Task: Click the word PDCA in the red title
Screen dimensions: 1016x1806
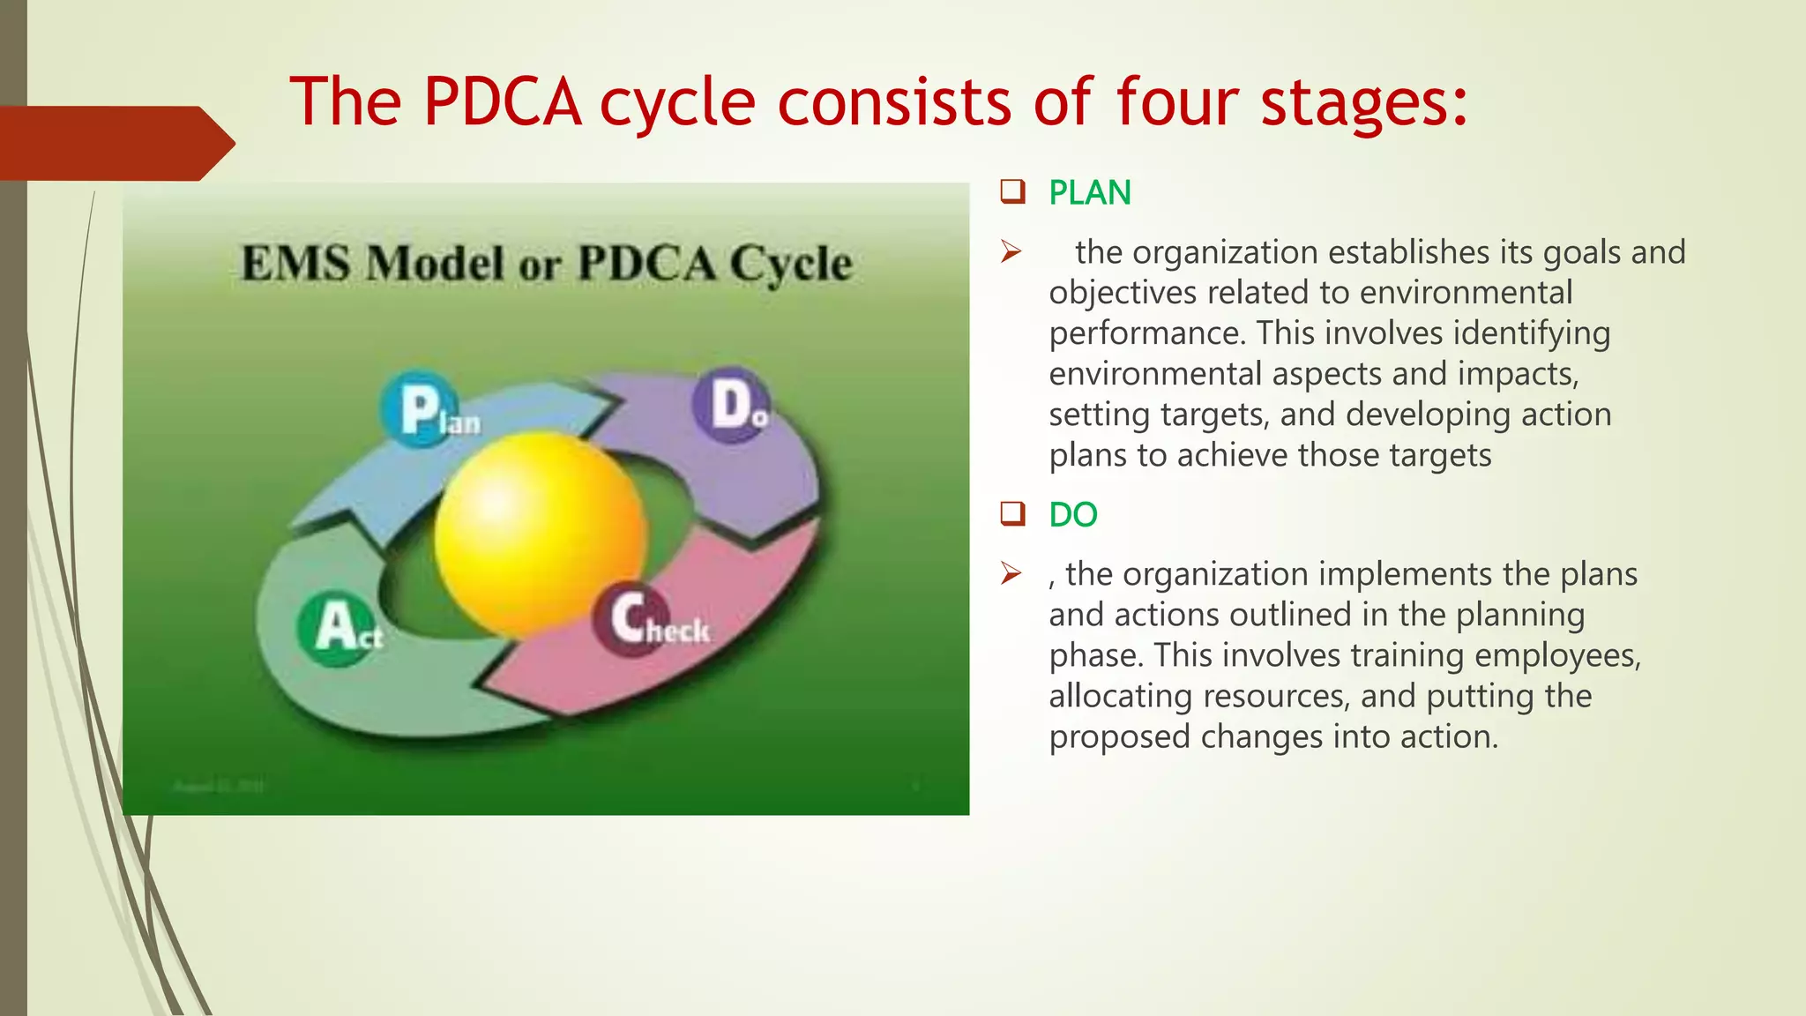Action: pyautogui.click(x=502, y=102)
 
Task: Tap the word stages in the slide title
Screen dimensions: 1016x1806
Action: pyautogui.click(x=1364, y=102)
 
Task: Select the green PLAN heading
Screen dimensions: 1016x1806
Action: pyautogui.click(x=1089, y=193)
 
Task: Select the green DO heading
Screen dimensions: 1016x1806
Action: pyautogui.click(x=1072, y=515)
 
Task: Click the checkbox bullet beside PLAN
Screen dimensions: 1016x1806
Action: pyautogui.click(x=1012, y=191)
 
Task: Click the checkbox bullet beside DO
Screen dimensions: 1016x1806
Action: pyautogui.click(x=1012, y=513)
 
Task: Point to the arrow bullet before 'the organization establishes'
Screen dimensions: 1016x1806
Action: pyautogui.click(x=1011, y=252)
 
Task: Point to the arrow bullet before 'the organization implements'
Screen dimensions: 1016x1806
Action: pyautogui.click(x=1011, y=574)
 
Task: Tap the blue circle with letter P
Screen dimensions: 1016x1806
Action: pyautogui.click(x=420, y=409)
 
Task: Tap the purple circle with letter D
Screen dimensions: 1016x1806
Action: pyautogui.click(x=730, y=405)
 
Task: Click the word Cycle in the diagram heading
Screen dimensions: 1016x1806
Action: pyautogui.click(x=791, y=263)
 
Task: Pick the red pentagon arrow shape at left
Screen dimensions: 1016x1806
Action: pyautogui.click(x=115, y=143)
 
